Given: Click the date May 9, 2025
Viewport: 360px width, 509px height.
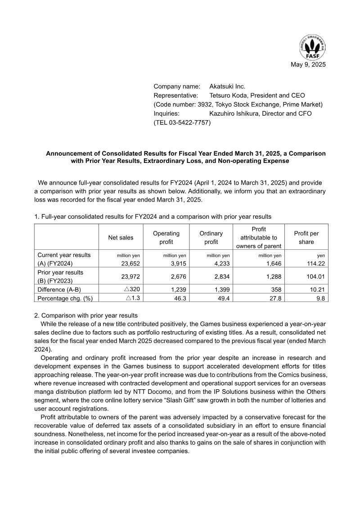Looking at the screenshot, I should [308, 64].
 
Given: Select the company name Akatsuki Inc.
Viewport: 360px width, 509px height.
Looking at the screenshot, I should [227, 86].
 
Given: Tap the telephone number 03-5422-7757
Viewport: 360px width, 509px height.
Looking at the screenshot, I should [189, 122].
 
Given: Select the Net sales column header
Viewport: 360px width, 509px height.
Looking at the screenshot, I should [121, 237].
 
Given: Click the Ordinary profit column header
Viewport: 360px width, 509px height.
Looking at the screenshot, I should [211, 237].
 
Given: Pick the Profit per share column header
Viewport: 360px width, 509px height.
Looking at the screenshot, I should [306, 237].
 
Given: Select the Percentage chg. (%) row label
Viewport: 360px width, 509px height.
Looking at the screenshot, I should [65, 298].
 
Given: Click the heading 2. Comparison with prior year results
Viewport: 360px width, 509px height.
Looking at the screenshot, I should [86, 315].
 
